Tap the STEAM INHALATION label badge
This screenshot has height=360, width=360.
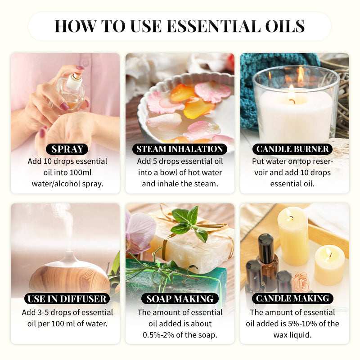[180, 149]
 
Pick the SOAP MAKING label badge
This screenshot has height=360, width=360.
[180, 298]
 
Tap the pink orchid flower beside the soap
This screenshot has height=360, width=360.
[139, 232]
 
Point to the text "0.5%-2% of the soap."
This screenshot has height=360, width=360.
[180, 335]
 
